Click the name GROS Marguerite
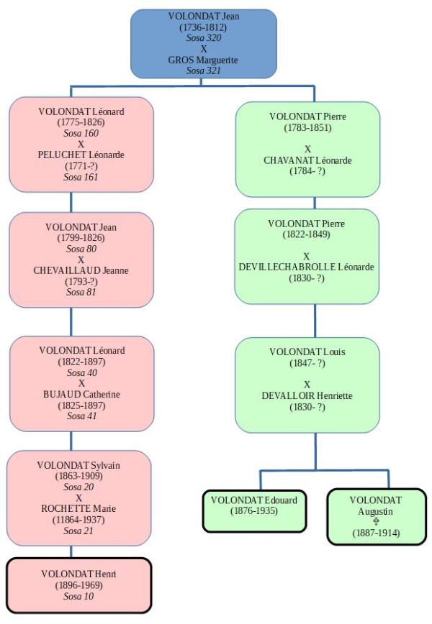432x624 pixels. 203,60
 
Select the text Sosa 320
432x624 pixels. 203,38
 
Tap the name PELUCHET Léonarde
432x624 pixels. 81,155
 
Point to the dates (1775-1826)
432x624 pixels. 81,122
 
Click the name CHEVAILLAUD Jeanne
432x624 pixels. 81,270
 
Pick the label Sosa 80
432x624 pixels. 81,249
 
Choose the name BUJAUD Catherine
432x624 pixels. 81,394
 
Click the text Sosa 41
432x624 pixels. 81,416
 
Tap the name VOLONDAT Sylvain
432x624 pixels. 79,465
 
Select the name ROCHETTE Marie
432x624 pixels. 79,509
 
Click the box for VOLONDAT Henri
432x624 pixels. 79,585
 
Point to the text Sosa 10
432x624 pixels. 79,596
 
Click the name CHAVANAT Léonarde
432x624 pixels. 307,160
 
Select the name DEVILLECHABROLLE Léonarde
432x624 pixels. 307,267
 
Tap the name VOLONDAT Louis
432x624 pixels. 307,352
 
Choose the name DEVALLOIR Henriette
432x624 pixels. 307,395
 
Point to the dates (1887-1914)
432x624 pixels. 375,533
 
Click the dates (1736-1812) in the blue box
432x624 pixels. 203,27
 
